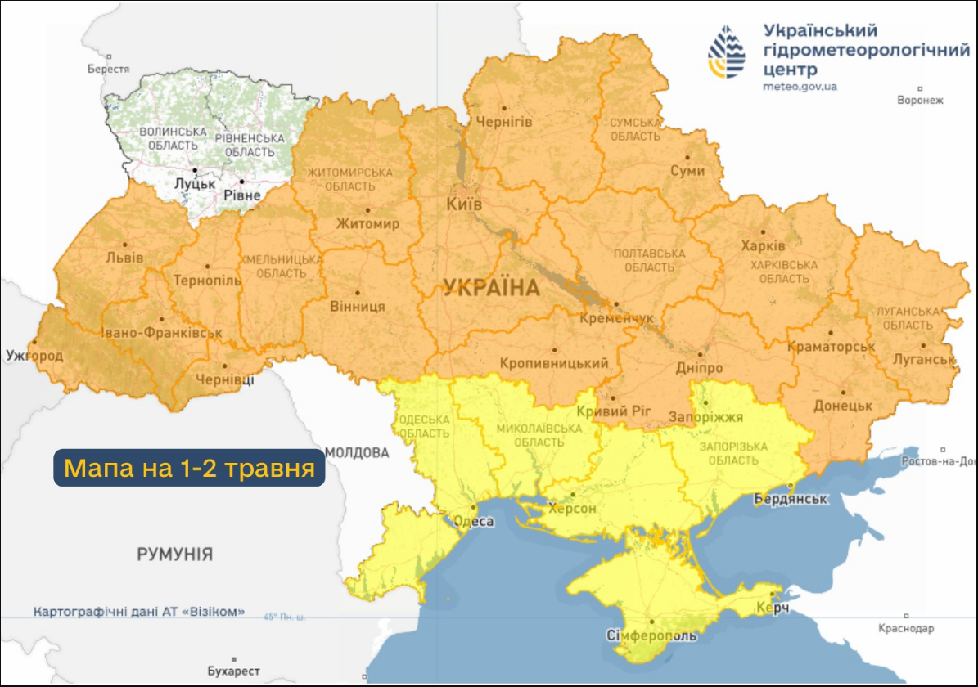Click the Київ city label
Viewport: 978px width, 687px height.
463,203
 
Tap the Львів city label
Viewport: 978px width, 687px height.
124,258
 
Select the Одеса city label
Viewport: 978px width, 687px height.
473,522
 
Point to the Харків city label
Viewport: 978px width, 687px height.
763,245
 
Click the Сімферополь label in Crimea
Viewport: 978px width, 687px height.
651,635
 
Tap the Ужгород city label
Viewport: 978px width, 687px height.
34,356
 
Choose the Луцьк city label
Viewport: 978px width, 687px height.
195,184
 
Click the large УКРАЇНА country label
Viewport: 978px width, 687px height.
491,287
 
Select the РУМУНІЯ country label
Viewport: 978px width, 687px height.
174,555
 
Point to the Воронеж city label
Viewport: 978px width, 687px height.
920,101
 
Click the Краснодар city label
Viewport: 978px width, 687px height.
905,628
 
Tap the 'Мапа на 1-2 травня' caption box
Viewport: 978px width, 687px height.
189,469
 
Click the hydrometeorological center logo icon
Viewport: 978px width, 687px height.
727,52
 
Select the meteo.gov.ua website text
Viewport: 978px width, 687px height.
800,86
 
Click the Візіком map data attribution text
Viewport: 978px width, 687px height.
138,612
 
